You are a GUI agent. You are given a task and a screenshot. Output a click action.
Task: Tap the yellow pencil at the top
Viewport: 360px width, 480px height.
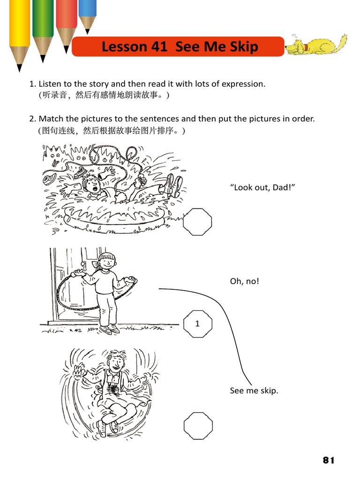point(20,28)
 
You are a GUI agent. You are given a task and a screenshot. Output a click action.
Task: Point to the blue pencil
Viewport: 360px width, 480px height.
point(87,12)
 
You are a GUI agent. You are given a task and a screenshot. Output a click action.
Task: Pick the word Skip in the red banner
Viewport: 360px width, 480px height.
point(241,47)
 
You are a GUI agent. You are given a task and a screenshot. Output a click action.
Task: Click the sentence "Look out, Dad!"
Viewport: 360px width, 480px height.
point(262,187)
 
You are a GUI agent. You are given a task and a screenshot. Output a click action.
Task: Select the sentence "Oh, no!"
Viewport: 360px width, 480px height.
point(244,281)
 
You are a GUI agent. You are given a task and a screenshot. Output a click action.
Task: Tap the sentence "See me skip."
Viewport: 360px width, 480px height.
point(254,390)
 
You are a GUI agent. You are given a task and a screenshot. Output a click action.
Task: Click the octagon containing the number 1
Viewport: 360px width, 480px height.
point(197,323)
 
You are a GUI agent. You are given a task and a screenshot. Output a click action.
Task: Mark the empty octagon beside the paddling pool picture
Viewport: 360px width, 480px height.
point(197,222)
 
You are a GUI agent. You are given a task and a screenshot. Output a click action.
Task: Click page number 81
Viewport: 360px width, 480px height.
point(329,460)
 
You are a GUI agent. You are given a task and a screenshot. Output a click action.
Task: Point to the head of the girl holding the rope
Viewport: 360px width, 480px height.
point(106,262)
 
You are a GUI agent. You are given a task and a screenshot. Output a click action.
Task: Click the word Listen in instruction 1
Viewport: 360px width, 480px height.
point(50,84)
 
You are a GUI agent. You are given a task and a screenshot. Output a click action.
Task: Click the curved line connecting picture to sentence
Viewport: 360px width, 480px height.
point(230,328)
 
